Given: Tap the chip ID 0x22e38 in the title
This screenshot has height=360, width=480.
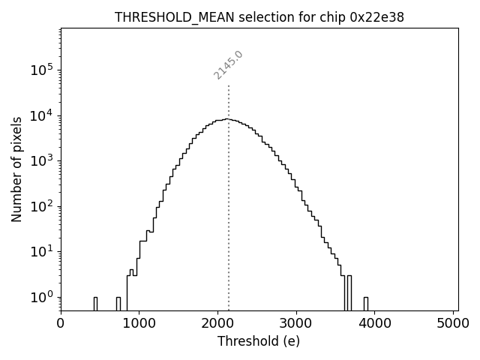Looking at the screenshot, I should tap(377, 17).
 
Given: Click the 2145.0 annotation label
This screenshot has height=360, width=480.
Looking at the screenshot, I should tap(228, 64).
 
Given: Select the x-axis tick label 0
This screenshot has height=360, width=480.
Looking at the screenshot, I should tap(61, 323).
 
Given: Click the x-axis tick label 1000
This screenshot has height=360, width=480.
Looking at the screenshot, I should tap(139, 323).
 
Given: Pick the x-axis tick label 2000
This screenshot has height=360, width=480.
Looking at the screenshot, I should tap(218, 323).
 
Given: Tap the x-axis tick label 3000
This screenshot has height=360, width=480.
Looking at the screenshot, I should tap(296, 323).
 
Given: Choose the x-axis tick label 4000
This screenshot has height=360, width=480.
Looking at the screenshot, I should tap(375, 323).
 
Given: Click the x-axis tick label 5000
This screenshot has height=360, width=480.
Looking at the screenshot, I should tap(454, 323).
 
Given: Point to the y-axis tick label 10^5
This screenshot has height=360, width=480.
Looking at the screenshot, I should tap(41, 70).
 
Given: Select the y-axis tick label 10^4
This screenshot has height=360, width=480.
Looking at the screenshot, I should tap(41, 115).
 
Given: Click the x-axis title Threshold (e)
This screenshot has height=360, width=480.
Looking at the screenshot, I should tap(259, 341).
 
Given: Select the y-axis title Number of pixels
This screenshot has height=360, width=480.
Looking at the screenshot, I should tap(16, 169).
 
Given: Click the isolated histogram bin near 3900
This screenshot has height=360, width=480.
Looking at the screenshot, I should tap(365, 303).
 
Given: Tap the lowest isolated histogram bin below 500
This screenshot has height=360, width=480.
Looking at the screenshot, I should tap(95, 303).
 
